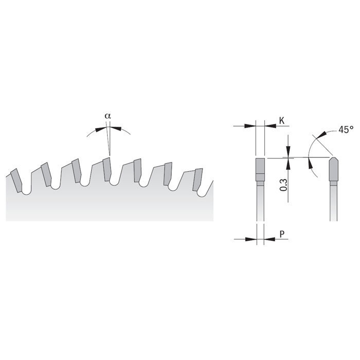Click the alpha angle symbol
[107, 116]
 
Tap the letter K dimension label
[282, 120]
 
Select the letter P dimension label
[282, 234]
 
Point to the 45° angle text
[346, 130]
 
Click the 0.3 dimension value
[283, 185]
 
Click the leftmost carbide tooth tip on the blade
[16, 181]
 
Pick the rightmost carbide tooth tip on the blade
[197, 179]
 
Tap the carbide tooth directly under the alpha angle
[107, 169]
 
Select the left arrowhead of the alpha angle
[100, 129]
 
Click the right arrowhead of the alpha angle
[116, 129]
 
